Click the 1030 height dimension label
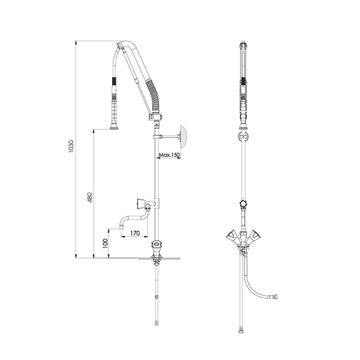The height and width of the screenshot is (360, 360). pyautogui.click(x=71, y=147)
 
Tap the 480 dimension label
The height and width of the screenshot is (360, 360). pyautogui.click(x=90, y=197)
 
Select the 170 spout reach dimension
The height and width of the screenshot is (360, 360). pyautogui.click(x=135, y=233)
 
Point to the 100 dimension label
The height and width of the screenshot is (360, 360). pyautogui.click(x=105, y=243)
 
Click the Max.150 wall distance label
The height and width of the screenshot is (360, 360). pyautogui.click(x=170, y=155)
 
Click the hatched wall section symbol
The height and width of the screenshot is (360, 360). pyautogui.click(x=184, y=137)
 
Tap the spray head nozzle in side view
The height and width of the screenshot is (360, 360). pyautogui.click(x=114, y=127)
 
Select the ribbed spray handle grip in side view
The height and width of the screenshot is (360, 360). pyautogui.click(x=114, y=110)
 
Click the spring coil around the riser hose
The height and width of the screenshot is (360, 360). pyautogui.click(x=154, y=96)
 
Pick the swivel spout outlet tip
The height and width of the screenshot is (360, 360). pyautogui.click(x=121, y=228)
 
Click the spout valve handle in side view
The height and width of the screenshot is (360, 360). pyautogui.click(x=140, y=204)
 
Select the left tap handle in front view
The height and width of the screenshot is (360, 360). pyautogui.click(x=232, y=236)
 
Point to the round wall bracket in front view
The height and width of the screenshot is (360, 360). pyautogui.click(x=243, y=137)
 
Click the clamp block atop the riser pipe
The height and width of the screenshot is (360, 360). pyautogui.click(x=154, y=117)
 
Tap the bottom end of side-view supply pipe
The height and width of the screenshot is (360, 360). pyautogui.click(x=157, y=324)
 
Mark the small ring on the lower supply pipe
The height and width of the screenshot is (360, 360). pyautogui.click(x=157, y=297)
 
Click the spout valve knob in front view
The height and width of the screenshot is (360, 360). pyautogui.click(x=243, y=204)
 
